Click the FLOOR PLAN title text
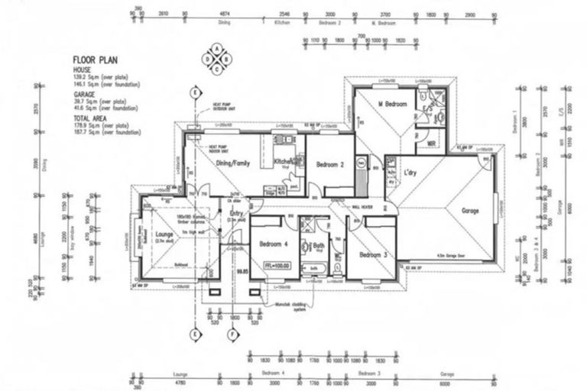coord(94,59)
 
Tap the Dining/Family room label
coord(234,163)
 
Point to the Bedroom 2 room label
coord(330,163)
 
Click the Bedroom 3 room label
coord(375,254)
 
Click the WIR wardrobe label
coord(430,142)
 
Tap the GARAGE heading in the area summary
coord(84,93)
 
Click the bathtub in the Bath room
coord(314,268)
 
